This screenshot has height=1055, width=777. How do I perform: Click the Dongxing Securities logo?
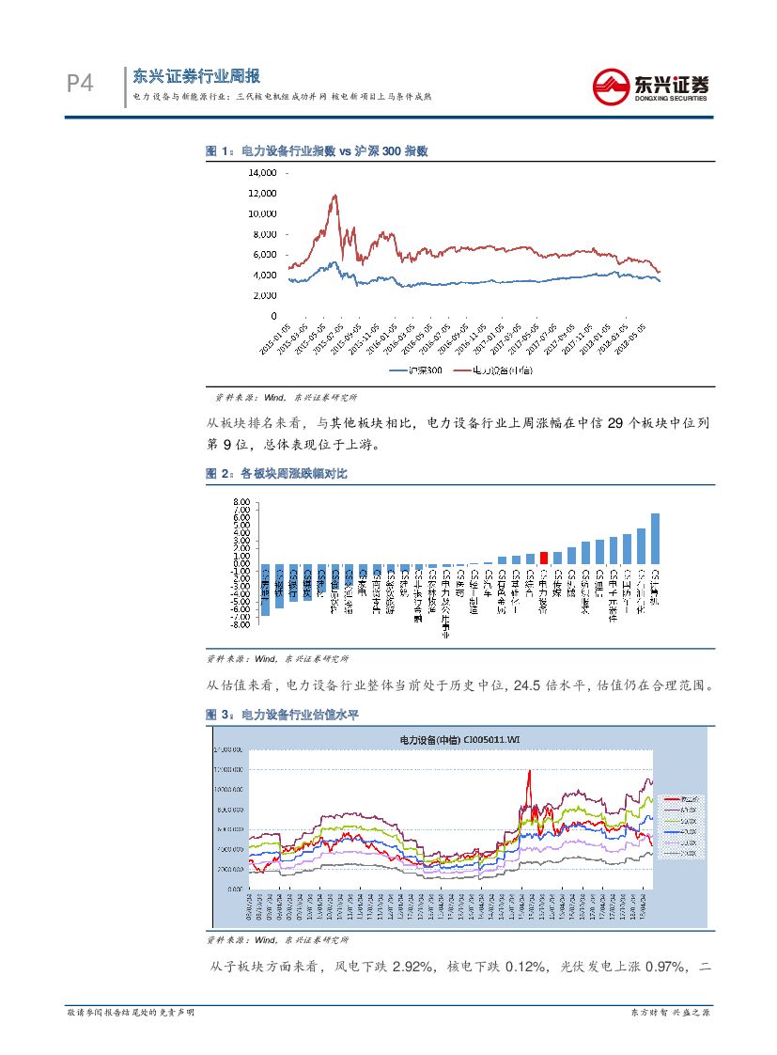pyautogui.click(x=650, y=87)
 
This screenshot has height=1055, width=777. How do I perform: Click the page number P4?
pyautogui.click(x=81, y=86)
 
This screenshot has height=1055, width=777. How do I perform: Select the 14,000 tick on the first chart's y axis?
pyautogui.click(x=262, y=173)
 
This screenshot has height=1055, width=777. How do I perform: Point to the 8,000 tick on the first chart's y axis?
pyautogui.click(x=265, y=234)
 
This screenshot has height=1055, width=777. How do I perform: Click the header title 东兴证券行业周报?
pyautogui.click(x=196, y=76)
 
